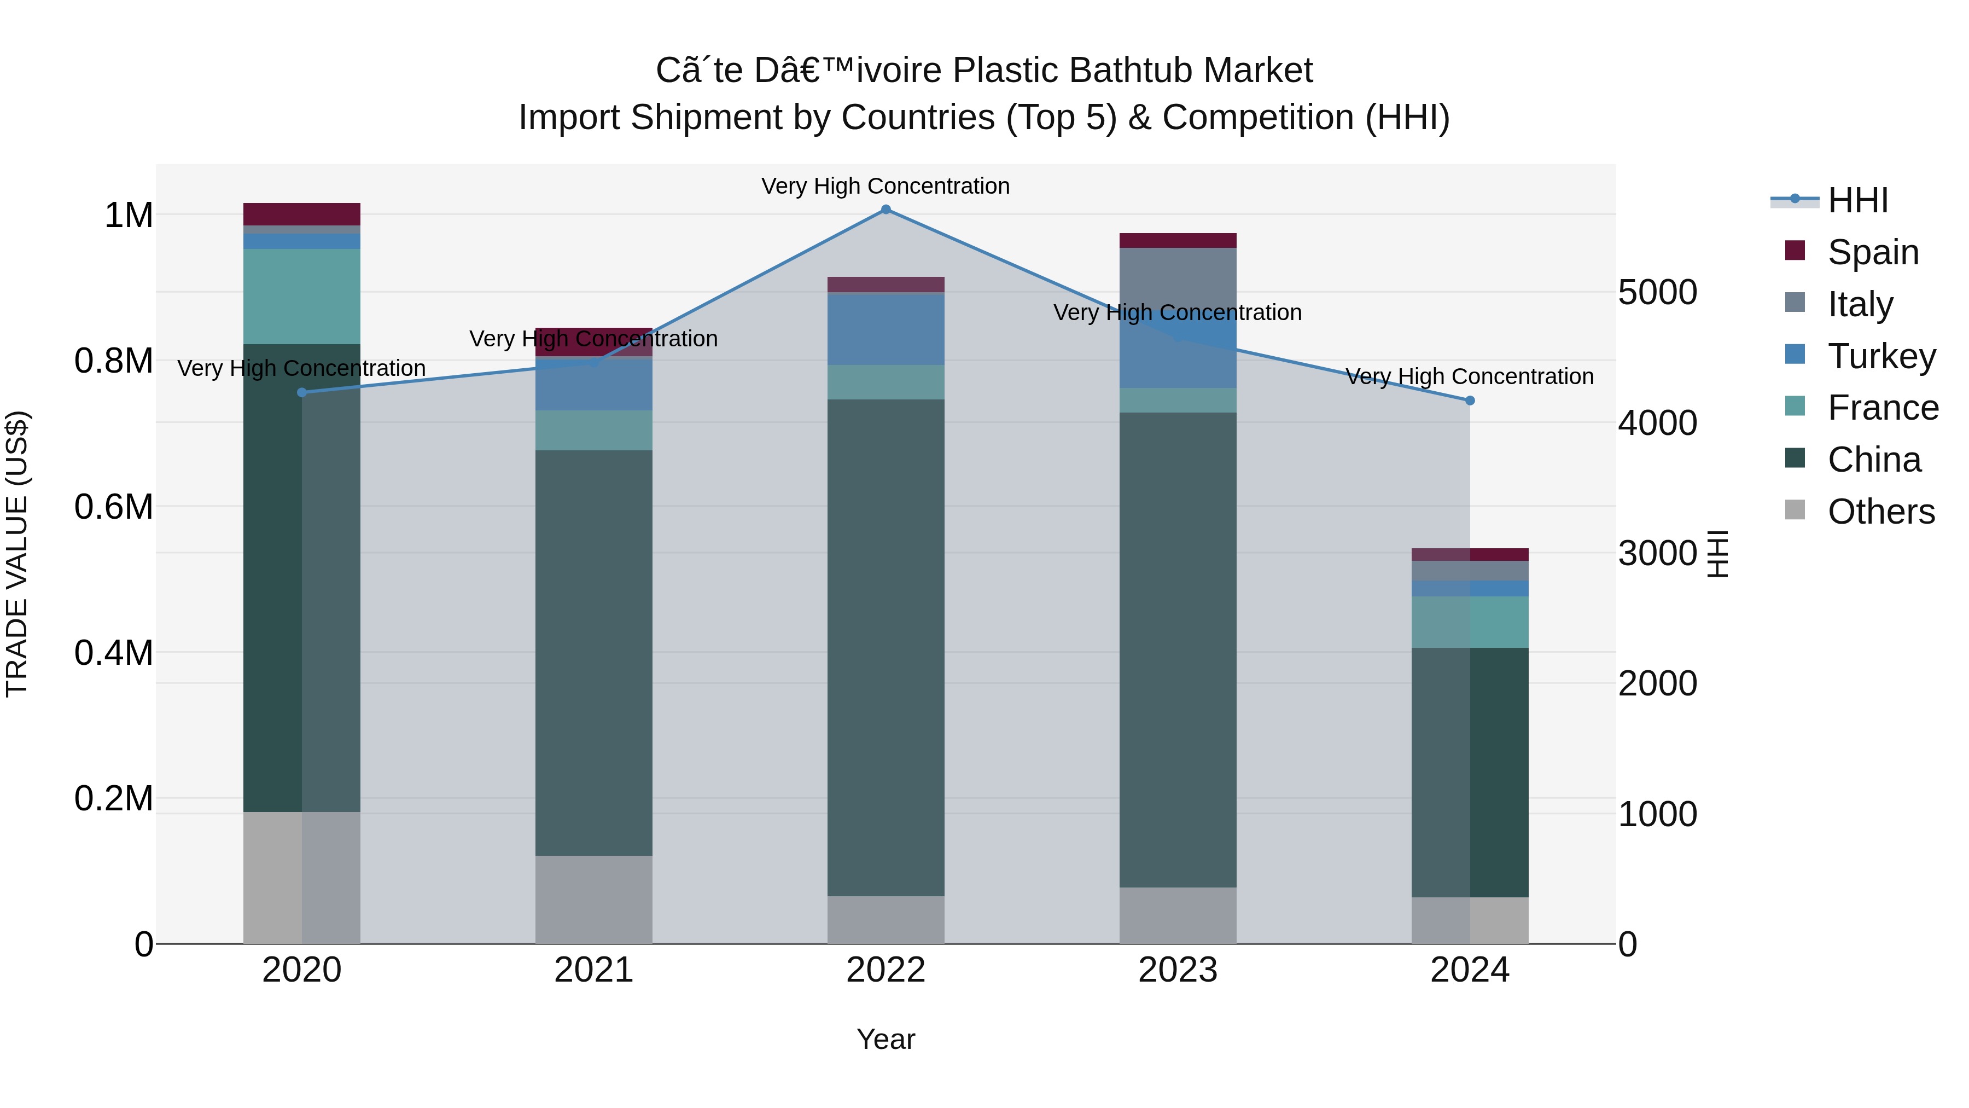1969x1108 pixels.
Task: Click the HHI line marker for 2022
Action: tap(886, 210)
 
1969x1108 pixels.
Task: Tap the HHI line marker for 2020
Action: tap(302, 392)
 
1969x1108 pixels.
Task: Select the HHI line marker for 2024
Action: tap(1469, 401)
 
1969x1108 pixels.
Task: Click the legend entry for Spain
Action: tap(1873, 252)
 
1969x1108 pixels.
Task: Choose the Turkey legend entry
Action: tap(1881, 356)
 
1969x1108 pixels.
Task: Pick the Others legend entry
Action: tap(1880, 512)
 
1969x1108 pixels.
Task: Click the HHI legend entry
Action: tap(1857, 200)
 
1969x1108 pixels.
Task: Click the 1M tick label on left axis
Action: tap(129, 216)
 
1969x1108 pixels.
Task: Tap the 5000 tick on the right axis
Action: tap(1657, 292)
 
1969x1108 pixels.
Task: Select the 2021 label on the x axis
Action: tap(594, 970)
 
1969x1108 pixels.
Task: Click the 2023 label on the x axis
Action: tap(1178, 970)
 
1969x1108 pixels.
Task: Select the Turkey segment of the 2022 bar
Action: tap(886, 329)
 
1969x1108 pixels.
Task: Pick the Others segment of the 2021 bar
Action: tap(594, 899)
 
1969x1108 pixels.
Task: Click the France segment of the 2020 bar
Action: tap(302, 296)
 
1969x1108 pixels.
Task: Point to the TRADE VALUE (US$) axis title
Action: tap(17, 554)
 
